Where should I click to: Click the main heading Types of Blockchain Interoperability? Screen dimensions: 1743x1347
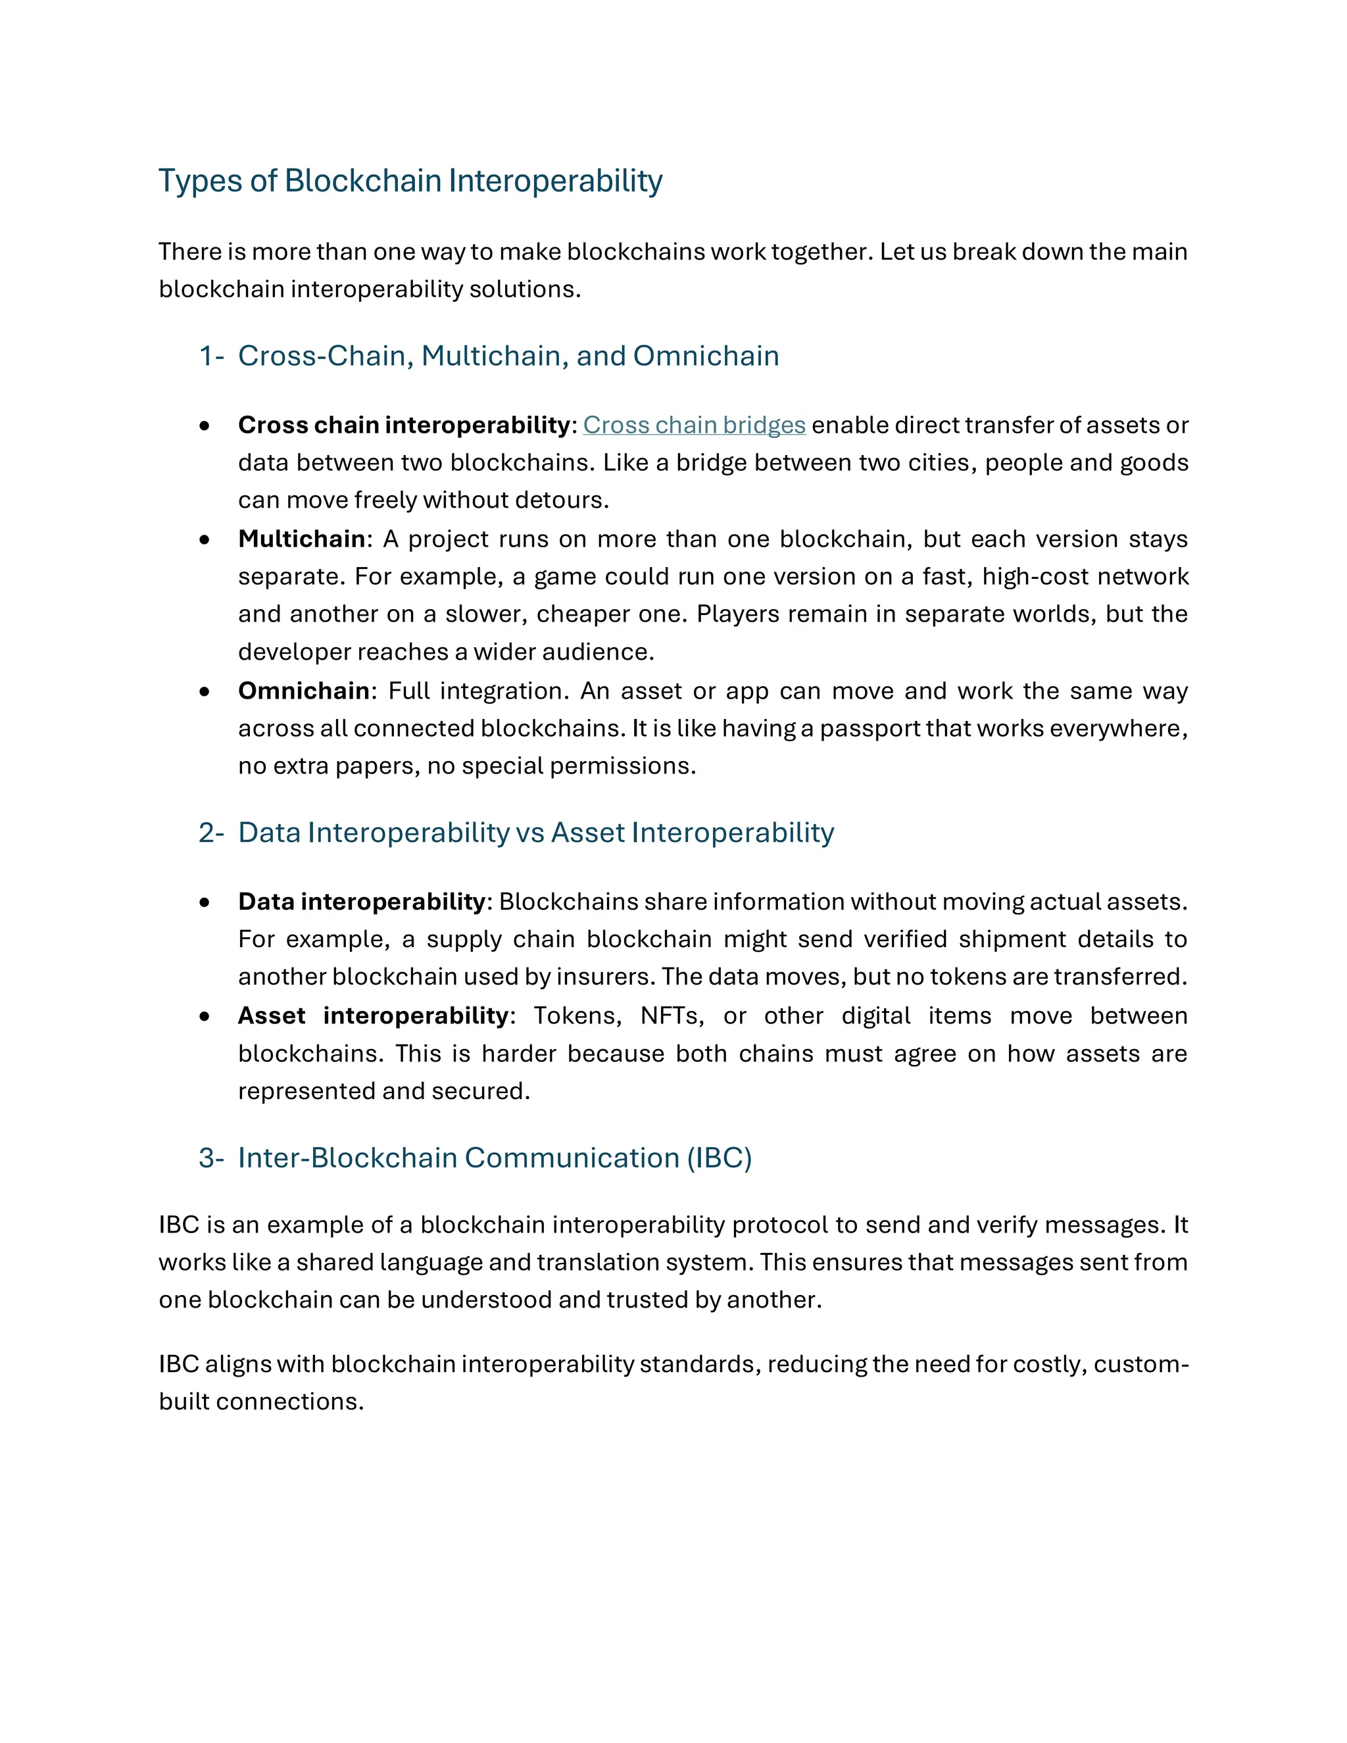click(410, 181)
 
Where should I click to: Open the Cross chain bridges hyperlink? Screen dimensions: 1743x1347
click(693, 426)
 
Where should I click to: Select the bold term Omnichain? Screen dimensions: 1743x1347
click(303, 691)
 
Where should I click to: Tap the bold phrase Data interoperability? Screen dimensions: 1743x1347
click(362, 902)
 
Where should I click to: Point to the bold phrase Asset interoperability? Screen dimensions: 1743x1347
click(373, 1016)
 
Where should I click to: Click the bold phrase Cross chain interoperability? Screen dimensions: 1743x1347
click(404, 426)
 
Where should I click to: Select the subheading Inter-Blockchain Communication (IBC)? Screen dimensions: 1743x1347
click(495, 1158)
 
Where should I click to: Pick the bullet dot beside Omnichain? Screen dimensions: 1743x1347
click(205, 692)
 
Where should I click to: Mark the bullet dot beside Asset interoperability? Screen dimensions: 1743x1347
click(205, 1017)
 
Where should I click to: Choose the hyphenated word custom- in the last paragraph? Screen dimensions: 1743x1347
click(1140, 1365)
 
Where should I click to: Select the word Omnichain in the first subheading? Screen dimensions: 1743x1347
click(706, 356)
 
